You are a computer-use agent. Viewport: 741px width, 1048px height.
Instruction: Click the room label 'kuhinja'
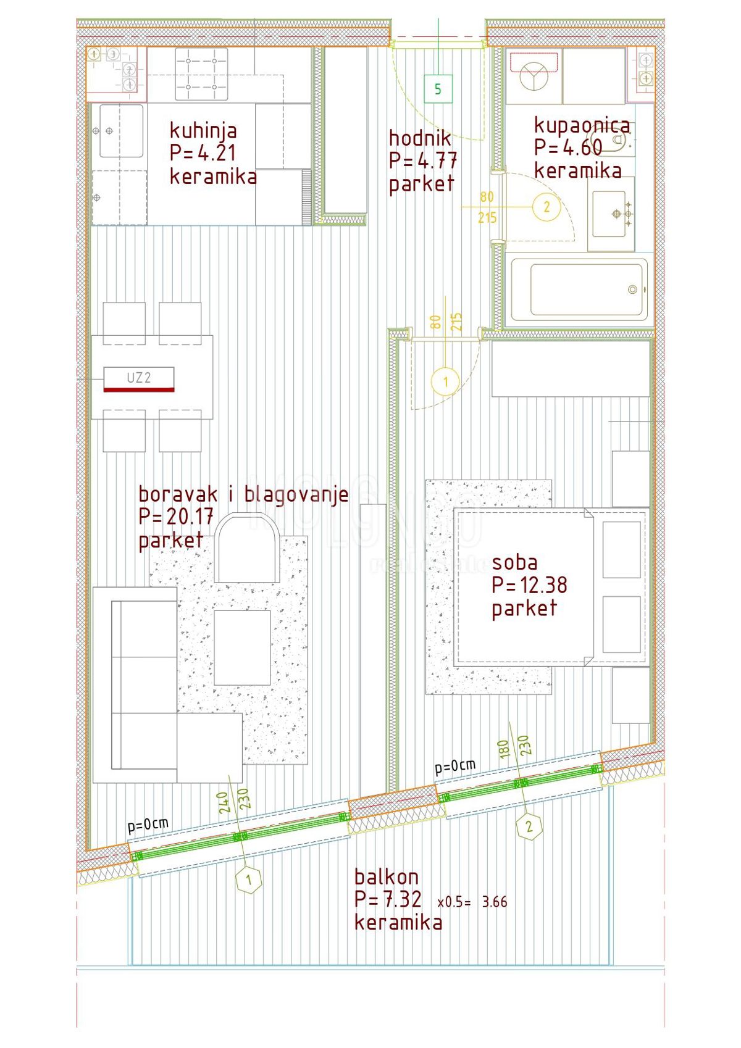point(203,130)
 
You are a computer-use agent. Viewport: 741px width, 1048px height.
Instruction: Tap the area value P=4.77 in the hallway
point(423,160)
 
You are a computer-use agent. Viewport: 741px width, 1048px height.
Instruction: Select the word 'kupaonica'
point(582,125)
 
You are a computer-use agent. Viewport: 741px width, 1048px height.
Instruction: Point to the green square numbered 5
point(438,89)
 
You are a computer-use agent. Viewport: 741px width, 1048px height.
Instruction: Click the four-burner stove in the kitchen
point(201,74)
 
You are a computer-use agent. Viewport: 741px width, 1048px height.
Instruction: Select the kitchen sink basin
point(121,131)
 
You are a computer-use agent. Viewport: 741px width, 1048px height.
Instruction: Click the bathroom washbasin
point(609,214)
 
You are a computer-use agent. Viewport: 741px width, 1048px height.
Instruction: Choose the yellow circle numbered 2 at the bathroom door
point(546,207)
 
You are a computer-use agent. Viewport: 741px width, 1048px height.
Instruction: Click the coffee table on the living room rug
point(243,647)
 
